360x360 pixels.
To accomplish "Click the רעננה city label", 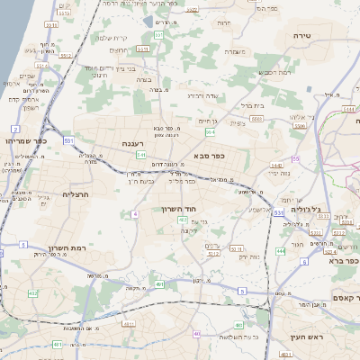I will pyautogui.click(x=136, y=142).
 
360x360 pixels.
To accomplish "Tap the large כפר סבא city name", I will pyautogui.click(x=208, y=155).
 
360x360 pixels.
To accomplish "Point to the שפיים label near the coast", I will pyautogui.click(x=26, y=76).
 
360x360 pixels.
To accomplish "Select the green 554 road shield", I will pyautogui.click(x=210, y=132).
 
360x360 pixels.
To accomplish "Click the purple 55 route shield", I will pyautogui.click(x=294, y=159).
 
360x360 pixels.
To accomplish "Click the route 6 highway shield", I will pyautogui.click(x=305, y=261).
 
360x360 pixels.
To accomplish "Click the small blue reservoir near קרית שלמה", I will pyautogui.click(x=148, y=20).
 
